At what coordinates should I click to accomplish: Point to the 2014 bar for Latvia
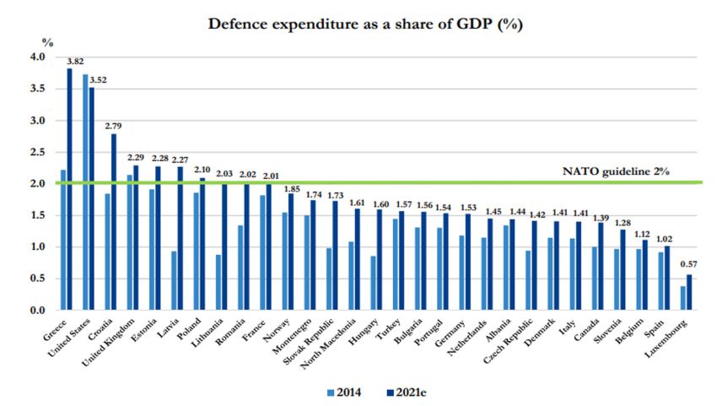point(173,280)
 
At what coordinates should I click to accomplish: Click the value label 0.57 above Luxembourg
point(688,264)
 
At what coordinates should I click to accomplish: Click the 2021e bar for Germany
point(469,262)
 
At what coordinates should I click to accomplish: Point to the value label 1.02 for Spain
point(666,238)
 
